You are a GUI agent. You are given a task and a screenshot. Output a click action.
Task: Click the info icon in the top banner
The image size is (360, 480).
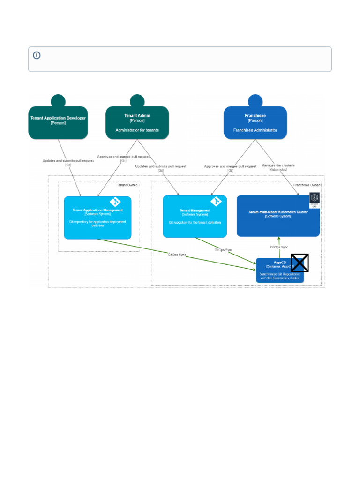coord(37,55)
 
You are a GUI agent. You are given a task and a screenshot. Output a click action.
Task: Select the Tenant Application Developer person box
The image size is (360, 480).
coord(58,123)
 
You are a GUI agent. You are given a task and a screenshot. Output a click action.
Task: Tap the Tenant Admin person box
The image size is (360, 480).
coord(137,123)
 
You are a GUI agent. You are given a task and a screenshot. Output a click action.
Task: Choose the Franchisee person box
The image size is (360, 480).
coord(255,123)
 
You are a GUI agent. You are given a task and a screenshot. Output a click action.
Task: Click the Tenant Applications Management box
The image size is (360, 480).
coord(97,217)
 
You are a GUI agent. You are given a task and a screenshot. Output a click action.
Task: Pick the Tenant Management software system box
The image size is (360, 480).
coord(195,216)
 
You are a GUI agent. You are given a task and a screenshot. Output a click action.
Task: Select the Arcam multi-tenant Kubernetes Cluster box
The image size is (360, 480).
coord(278,216)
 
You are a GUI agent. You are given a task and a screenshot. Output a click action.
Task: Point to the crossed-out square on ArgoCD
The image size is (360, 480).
coord(300,263)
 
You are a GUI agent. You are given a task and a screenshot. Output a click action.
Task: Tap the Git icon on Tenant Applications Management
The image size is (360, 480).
coord(115,202)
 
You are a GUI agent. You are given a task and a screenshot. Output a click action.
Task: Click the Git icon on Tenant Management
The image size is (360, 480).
coord(216,202)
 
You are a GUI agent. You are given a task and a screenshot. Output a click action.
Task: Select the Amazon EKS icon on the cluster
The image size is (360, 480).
coord(315,199)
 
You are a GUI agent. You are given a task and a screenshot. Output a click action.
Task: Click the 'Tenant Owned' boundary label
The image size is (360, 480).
coord(127,185)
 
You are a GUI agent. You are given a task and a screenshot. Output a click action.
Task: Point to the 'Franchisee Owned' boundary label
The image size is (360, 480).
coord(307,185)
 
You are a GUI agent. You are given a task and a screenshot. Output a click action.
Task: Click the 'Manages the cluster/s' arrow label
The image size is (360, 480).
coord(278,167)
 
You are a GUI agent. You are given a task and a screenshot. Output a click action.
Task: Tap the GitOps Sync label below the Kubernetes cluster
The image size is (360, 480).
coord(279,247)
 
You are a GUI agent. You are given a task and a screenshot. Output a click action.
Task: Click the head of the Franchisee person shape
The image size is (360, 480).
coord(255,100)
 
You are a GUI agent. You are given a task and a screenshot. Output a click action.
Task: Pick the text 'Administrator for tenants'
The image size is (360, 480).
coord(137,130)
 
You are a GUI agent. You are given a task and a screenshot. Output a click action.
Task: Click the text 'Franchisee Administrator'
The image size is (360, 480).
coord(255,130)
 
